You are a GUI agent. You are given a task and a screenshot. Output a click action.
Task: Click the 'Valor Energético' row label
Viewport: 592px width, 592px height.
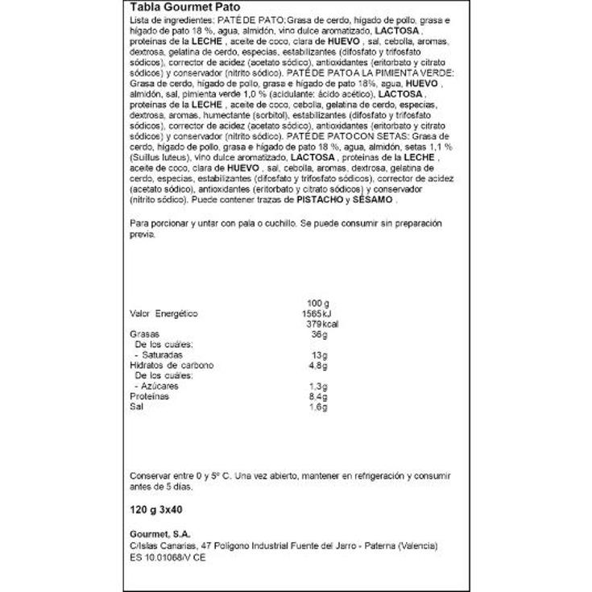[164, 313]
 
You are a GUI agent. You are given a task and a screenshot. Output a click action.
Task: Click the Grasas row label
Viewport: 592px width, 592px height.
[144, 334]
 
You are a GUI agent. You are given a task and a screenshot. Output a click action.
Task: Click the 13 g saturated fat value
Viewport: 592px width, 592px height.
[321, 355]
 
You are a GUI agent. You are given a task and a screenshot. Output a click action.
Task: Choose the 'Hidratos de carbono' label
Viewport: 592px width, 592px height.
[172, 366]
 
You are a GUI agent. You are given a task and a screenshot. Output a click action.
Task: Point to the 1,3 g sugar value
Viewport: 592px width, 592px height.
[320, 387]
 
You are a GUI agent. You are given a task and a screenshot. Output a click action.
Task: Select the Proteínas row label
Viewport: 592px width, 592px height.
[150, 397]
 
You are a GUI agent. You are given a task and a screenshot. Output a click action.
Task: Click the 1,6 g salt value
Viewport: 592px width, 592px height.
[320, 408]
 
